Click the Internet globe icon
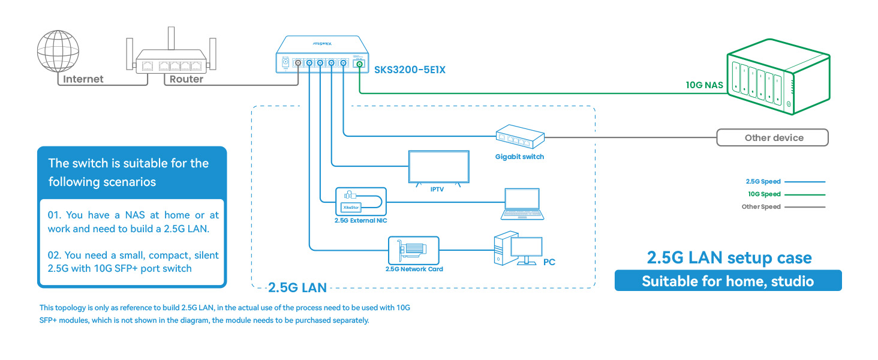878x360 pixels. pyautogui.click(x=58, y=51)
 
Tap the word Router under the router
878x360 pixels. pyautogui.click(x=186, y=79)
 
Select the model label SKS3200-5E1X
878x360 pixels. pyautogui.click(x=410, y=70)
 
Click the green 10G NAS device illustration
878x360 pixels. pyautogui.click(x=778, y=76)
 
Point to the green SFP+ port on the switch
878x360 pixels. pyautogui.click(x=359, y=64)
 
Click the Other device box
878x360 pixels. pyautogui.click(x=772, y=137)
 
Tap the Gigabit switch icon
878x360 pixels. pyautogui.click(x=520, y=136)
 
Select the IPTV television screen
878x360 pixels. pyautogui.click(x=438, y=167)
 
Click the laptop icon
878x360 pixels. pyautogui.click(x=522, y=204)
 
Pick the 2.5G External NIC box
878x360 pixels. pyautogui.click(x=361, y=201)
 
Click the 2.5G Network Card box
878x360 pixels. pyautogui.click(x=414, y=250)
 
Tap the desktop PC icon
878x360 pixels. pyautogui.click(x=518, y=248)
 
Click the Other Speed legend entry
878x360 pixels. pyautogui.click(x=783, y=206)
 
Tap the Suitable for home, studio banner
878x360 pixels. pyautogui.click(x=728, y=280)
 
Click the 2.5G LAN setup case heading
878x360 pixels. pyautogui.click(x=729, y=257)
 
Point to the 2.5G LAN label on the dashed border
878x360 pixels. pyautogui.click(x=297, y=288)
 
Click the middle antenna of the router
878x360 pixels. pyautogui.click(x=171, y=38)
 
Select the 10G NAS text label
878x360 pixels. pyautogui.click(x=704, y=85)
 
